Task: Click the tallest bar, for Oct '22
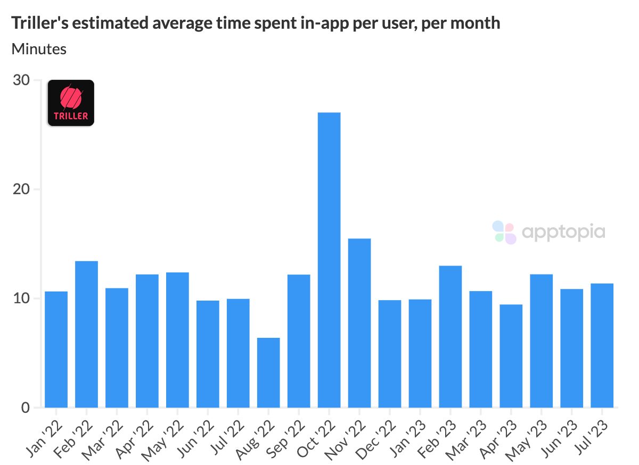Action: (x=329, y=260)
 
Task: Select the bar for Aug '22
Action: (x=268, y=372)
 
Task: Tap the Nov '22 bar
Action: (x=359, y=323)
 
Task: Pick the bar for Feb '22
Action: (x=86, y=334)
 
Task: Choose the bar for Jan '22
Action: (x=56, y=350)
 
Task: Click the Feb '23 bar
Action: (x=450, y=336)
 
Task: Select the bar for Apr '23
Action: (x=511, y=356)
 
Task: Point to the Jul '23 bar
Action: (x=602, y=345)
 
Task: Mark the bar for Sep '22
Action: (x=299, y=341)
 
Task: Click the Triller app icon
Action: (x=71, y=103)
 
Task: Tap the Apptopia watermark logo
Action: (x=549, y=232)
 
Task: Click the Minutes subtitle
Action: (x=39, y=49)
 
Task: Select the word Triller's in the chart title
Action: (x=38, y=23)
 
